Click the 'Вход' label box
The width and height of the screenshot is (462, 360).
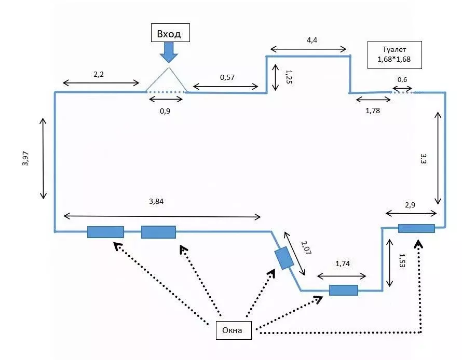pyautogui.click(x=169, y=34)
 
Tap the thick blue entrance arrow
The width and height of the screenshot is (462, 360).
pyautogui.click(x=169, y=52)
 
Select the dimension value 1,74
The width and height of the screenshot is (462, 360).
pyautogui.click(x=342, y=265)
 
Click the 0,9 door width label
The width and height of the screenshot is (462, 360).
pyautogui.click(x=166, y=110)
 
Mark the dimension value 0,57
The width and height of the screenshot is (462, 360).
pyautogui.click(x=227, y=77)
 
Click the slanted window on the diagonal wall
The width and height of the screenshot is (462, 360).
pyautogui.click(x=284, y=258)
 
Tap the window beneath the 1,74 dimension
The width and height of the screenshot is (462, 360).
pyautogui.click(x=343, y=290)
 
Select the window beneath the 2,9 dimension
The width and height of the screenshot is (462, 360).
pyautogui.click(x=416, y=228)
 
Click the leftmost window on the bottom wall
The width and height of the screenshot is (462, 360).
pyautogui.click(x=105, y=232)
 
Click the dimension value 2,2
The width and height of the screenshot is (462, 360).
pyautogui.click(x=99, y=75)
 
